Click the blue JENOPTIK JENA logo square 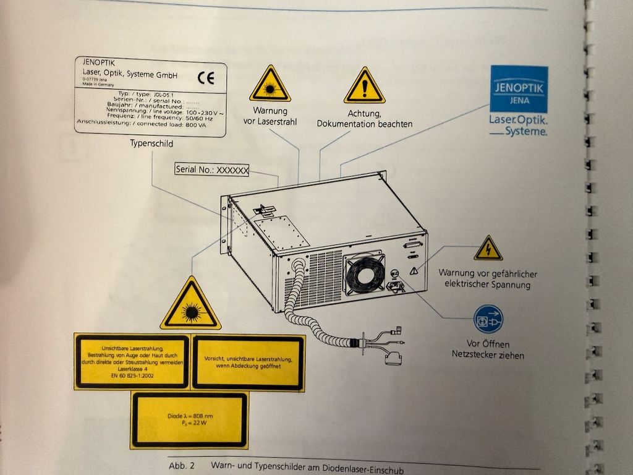519,88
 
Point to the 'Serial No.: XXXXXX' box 212,169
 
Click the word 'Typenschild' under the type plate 151,143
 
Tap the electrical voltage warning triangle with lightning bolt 488,249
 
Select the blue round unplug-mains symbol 488,319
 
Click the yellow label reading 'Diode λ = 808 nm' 189,420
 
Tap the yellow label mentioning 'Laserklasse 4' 131,362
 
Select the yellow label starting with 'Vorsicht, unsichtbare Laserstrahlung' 248,362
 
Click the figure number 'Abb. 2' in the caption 181,465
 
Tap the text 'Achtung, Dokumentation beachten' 365,119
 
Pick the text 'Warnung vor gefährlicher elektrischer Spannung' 488,279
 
